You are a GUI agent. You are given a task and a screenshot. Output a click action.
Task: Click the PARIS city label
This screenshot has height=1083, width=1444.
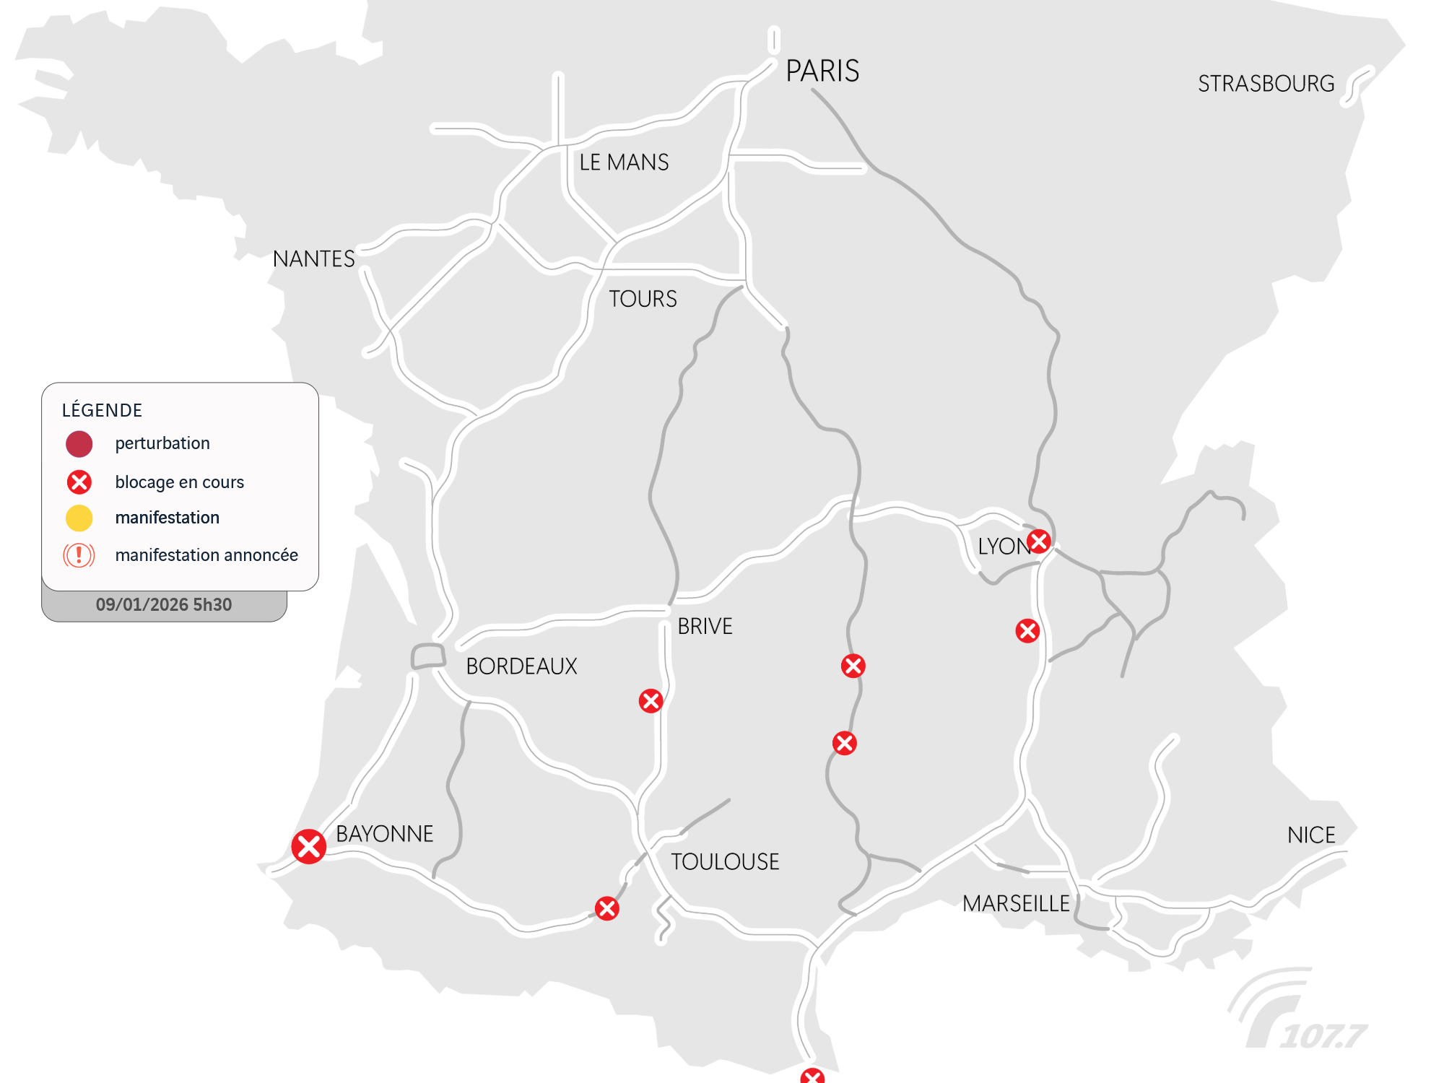click(822, 71)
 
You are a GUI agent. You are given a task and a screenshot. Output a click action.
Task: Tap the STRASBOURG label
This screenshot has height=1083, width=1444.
click(1266, 84)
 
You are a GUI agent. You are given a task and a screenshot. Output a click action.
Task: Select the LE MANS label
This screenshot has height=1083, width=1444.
click(624, 162)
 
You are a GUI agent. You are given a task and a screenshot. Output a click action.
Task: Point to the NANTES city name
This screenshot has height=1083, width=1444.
click(313, 258)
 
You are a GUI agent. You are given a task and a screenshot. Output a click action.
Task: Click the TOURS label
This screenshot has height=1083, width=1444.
click(643, 299)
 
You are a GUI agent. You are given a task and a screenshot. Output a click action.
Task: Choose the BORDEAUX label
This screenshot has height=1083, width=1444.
click(521, 666)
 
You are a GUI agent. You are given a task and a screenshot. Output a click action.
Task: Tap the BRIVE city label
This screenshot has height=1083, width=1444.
click(705, 626)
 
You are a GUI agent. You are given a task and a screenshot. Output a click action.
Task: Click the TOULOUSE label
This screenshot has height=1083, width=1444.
click(725, 861)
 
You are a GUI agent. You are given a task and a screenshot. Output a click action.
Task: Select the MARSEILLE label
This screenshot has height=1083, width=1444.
click(1016, 903)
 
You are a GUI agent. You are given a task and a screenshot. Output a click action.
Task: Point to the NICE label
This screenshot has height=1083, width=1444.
click(1311, 835)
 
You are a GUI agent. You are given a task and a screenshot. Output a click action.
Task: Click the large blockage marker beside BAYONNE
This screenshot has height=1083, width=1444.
click(308, 846)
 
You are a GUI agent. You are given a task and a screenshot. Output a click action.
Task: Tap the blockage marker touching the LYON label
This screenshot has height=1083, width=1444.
click(1039, 541)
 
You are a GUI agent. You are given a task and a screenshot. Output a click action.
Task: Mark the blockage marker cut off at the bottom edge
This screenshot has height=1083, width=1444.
click(812, 1077)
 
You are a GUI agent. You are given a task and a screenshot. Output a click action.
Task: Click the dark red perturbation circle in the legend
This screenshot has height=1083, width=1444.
click(79, 444)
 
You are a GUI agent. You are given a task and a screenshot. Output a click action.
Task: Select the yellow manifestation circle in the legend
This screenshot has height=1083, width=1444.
click(79, 518)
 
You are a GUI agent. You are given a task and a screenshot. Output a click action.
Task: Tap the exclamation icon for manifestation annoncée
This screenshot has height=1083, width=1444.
click(79, 555)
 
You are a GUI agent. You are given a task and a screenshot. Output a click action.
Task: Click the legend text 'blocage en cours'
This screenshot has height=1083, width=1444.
click(179, 482)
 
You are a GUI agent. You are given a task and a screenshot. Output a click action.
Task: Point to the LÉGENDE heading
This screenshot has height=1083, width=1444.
click(102, 410)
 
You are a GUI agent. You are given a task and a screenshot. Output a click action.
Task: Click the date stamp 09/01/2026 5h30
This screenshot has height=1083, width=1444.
click(164, 605)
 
